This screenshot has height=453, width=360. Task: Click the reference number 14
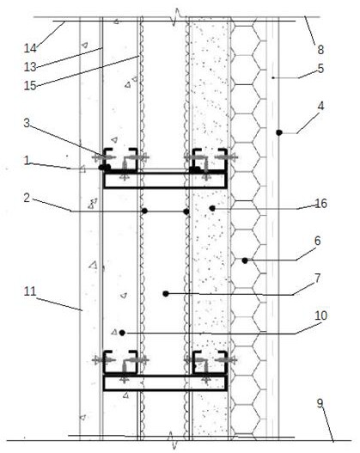point(30,48)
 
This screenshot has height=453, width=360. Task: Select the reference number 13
point(30,67)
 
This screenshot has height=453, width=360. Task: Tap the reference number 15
point(30,85)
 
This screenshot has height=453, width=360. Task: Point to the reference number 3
point(27,123)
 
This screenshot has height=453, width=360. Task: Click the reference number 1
point(27,161)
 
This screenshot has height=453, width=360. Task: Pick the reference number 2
point(27,199)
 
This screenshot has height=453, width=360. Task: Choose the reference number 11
point(30,291)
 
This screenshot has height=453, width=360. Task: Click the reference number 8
point(320,50)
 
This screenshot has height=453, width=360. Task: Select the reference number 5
point(320,69)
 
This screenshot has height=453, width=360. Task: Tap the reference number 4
point(320,107)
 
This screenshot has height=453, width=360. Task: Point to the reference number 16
point(320,204)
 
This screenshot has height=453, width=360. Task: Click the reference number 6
point(318,241)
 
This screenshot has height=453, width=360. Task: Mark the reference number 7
point(318,279)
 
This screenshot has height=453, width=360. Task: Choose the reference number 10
point(320,315)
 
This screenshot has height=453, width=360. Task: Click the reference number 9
point(320,403)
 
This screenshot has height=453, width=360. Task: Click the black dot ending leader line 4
point(279,132)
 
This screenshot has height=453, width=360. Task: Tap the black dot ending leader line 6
point(245,260)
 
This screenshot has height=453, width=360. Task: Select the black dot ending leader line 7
point(166,294)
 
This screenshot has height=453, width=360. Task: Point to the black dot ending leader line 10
point(122,333)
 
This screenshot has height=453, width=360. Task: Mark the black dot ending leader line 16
point(212,208)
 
